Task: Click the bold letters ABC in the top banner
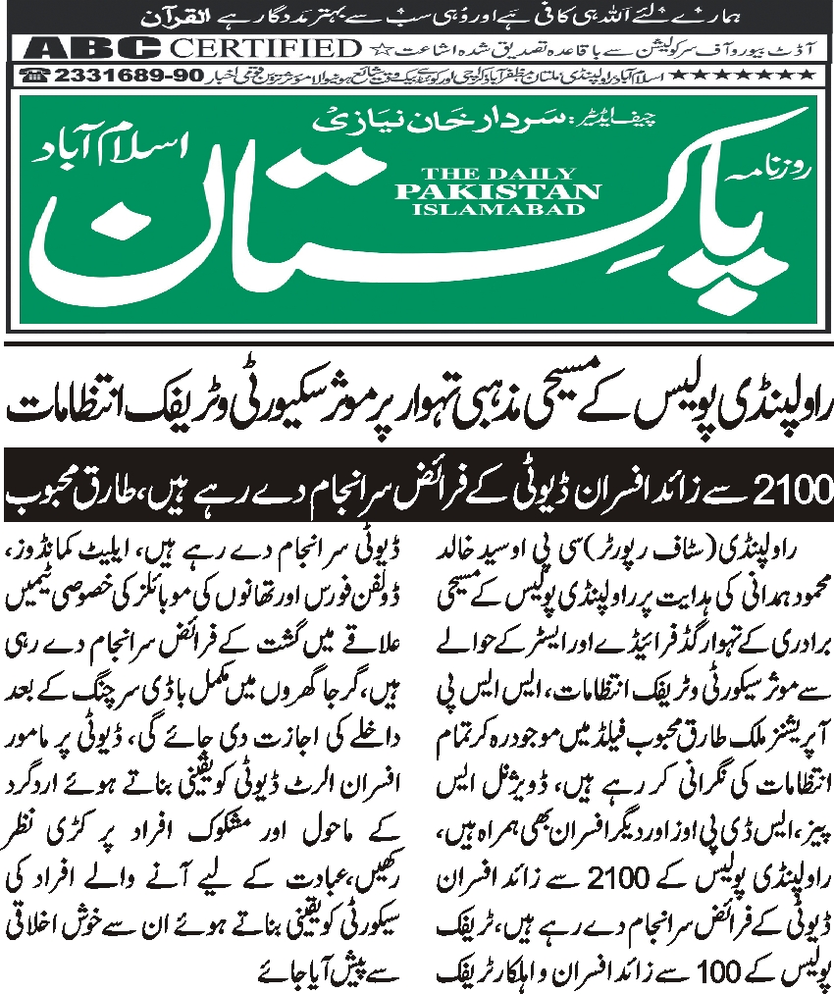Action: point(91,48)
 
